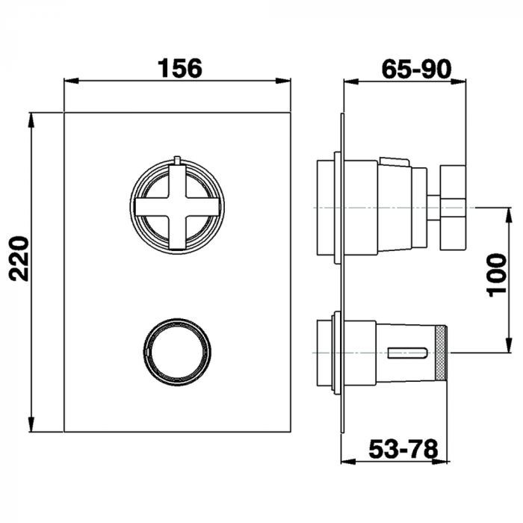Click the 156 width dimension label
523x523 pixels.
pos(180,68)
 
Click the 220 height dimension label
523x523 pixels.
pos(19,259)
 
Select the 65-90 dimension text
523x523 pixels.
pos(416,69)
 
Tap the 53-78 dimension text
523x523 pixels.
pos(403,449)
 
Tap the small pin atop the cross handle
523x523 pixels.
pos(177,160)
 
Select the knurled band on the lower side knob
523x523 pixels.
pos(441,353)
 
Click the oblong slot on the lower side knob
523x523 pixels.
pos(407,353)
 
